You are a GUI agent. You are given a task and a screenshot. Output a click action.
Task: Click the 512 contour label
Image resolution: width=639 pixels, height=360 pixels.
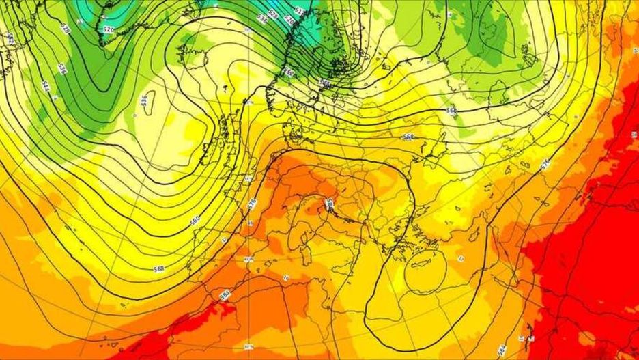click(298, 12)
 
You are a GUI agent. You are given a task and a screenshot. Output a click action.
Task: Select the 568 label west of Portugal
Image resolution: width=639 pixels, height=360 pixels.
click(159, 268)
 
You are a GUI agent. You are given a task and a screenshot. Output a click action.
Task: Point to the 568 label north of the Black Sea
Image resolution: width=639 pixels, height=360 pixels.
click(408, 137)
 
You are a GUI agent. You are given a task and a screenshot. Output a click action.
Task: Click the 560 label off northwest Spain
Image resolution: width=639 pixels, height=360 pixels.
click(195, 220)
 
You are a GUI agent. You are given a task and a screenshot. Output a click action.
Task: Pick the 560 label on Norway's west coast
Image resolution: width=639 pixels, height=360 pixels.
click(288, 72)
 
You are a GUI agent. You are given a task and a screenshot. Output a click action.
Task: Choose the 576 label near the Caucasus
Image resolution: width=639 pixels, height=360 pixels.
click(545, 164)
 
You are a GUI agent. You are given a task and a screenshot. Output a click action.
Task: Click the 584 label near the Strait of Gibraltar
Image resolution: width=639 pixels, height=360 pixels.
click(224, 294)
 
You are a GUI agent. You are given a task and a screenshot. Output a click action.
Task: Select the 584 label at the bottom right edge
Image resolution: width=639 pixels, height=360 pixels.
click(502, 349)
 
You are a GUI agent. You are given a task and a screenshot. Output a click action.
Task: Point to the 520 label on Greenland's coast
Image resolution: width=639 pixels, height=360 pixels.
click(108, 29)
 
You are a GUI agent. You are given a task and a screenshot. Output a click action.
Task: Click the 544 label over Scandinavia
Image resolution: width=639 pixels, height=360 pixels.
click(325, 82)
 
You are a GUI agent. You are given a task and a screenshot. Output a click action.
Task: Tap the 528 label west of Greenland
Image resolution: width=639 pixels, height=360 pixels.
click(66, 29)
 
